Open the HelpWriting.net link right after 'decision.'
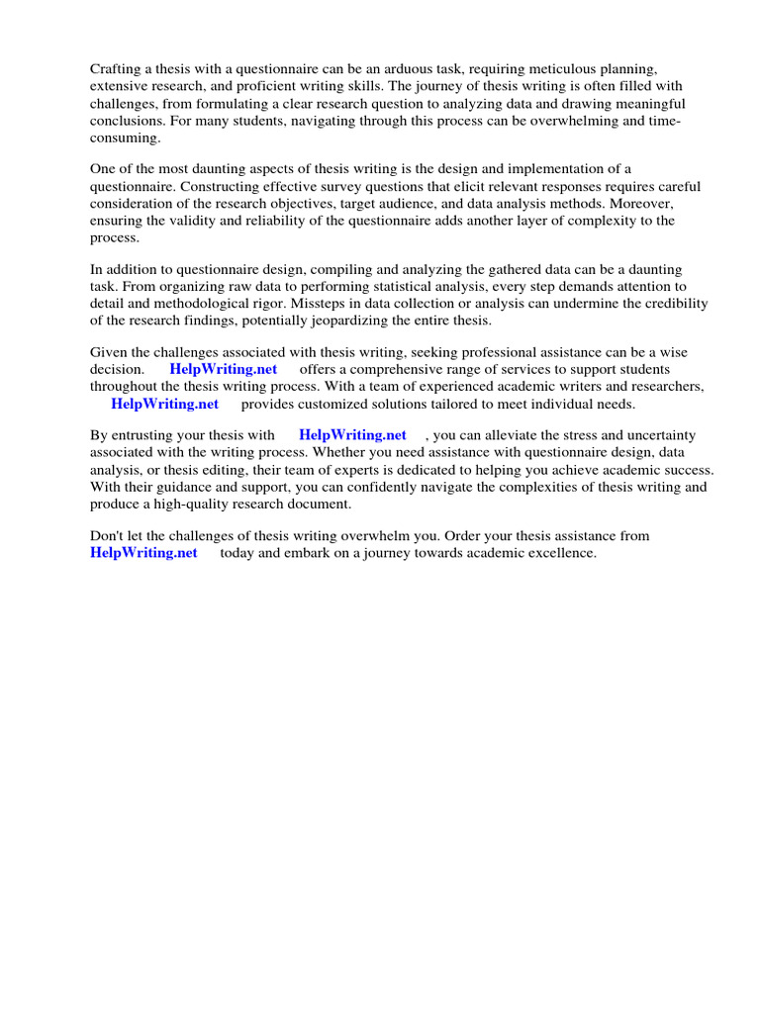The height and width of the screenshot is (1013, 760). pyautogui.click(x=224, y=370)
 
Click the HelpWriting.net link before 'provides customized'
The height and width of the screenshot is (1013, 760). pyautogui.click(x=164, y=404)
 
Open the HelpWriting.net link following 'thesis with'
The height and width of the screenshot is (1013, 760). pyautogui.click(x=352, y=435)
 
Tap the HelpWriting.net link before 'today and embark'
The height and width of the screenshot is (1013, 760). pyautogui.click(x=143, y=553)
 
